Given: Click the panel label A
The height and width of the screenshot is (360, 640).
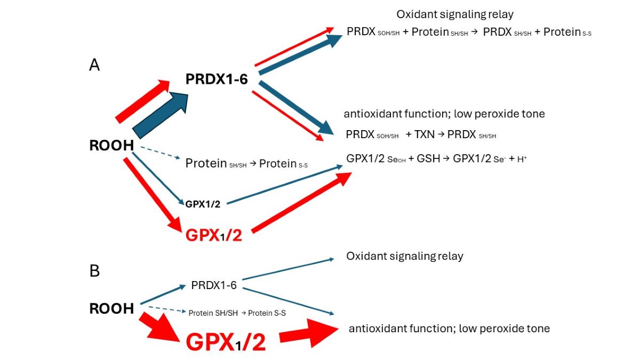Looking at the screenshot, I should (94, 65).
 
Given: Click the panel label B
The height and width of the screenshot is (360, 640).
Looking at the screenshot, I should (94, 271).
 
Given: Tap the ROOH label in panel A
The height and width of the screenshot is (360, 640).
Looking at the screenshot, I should (111, 146).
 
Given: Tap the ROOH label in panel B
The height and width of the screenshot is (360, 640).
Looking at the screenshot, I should (111, 308).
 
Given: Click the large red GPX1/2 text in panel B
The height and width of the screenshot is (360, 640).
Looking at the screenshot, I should (226, 342).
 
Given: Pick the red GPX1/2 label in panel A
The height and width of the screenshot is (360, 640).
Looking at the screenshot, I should (213, 235).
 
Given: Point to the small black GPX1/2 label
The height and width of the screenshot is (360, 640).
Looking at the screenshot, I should (203, 203).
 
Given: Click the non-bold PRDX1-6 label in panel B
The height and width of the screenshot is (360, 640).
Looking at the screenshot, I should (213, 285).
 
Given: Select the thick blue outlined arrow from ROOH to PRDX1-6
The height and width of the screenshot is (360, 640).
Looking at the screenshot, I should (160, 115).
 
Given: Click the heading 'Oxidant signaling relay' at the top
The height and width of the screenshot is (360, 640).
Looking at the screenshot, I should (455, 14).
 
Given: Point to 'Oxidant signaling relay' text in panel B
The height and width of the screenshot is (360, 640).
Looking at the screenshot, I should (405, 256).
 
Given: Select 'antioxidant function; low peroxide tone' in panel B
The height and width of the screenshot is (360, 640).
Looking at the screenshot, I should (449, 329).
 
